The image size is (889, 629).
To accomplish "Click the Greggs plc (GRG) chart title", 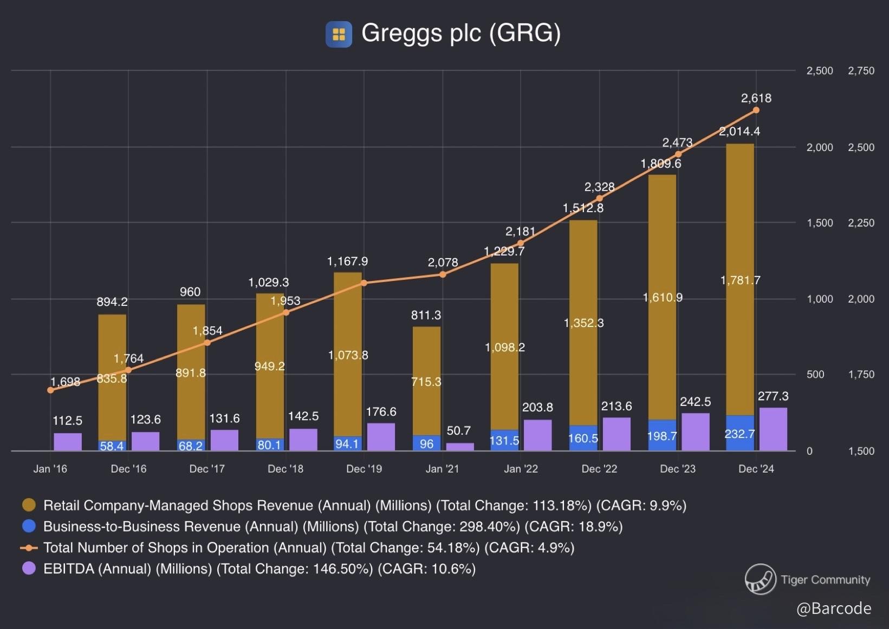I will [x=460, y=33].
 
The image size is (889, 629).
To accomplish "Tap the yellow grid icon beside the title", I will [x=339, y=34].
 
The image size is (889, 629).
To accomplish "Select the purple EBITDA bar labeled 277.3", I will [x=773, y=429].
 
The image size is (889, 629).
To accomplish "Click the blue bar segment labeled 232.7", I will [x=739, y=433].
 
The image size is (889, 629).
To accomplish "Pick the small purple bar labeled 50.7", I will [x=460, y=447].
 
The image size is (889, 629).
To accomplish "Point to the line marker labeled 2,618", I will [x=756, y=110].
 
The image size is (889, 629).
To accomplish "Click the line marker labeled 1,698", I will [x=50, y=390].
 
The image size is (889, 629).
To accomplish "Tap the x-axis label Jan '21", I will [x=442, y=469].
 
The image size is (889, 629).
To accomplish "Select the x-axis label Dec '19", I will [x=364, y=469].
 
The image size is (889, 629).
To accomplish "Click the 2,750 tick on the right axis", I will [x=861, y=71].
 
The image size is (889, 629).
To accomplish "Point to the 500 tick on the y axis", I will [x=815, y=375].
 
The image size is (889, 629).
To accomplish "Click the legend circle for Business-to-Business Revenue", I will [x=29, y=526].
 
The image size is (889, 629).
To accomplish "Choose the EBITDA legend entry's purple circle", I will [x=29, y=568].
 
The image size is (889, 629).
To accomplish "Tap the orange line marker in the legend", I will [x=29, y=548].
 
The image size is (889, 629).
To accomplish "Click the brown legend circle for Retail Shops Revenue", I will [x=29, y=505].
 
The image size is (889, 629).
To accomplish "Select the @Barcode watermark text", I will [x=834, y=608].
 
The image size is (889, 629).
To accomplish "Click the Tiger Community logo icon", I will [x=760, y=579].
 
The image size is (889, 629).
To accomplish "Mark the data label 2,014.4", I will [x=739, y=132].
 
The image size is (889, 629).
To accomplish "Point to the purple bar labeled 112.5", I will [x=68, y=442].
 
